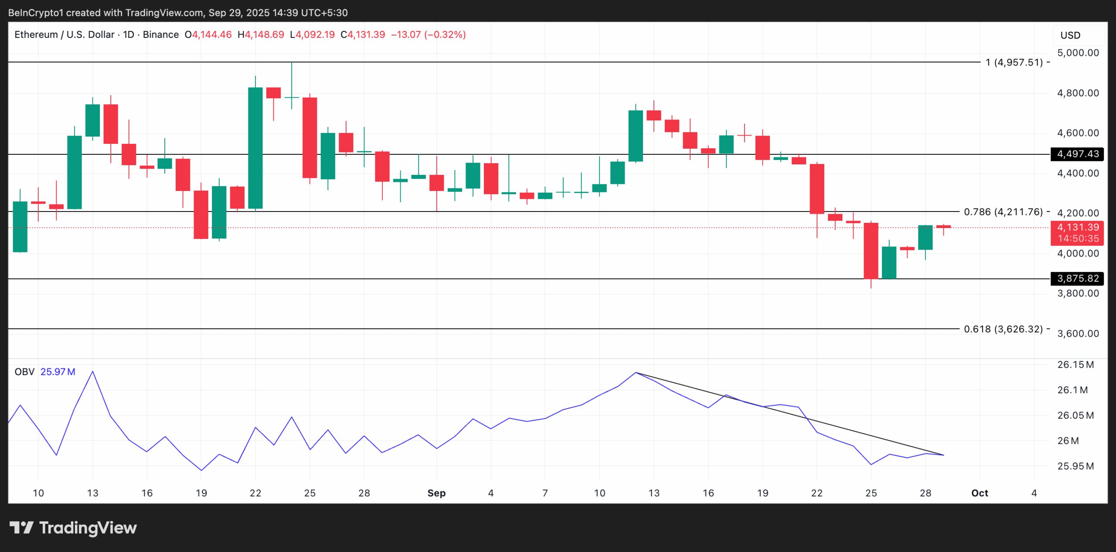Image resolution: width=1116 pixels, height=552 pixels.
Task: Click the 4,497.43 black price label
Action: click(x=1077, y=154)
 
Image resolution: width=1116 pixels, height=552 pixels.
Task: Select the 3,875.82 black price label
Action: click(x=1077, y=279)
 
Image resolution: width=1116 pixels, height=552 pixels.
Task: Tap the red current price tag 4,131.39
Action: click(x=1077, y=228)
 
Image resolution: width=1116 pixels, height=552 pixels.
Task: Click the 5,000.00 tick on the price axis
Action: click(x=1078, y=53)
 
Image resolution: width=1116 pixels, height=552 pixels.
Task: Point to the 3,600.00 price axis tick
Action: click(x=1078, y=334)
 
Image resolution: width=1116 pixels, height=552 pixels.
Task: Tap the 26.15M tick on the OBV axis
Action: click(x=1075, y=365)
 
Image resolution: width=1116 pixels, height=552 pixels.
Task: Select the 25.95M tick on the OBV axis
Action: click(x=1075, y=466)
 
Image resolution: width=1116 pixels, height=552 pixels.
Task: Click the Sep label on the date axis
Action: click(x=436, y=493)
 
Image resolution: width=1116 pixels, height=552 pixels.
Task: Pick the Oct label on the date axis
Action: click(x=980, y=493)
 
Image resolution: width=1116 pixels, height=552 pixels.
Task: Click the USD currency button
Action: click(x=1070, y=35)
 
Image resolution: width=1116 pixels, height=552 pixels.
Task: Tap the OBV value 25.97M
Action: click(x=58, y=372)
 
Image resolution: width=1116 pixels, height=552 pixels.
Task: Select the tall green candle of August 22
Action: click(x=255, y=148)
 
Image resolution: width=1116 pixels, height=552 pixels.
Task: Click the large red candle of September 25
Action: click(x=871, y=251)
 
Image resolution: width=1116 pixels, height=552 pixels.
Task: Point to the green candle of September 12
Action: click(x=636, y=136)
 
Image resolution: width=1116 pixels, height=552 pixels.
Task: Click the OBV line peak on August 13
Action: click(x=92, y=371)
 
